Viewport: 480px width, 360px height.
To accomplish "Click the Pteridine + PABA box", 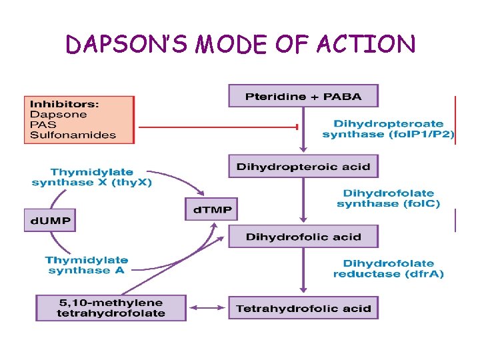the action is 303,96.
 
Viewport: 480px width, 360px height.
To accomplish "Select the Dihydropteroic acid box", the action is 303,166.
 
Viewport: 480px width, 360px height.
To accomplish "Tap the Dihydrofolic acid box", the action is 303,236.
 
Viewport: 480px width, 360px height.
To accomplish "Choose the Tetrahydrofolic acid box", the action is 303,307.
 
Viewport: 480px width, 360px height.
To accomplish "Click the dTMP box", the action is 211,209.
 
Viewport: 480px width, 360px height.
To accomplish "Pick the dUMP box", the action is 50,220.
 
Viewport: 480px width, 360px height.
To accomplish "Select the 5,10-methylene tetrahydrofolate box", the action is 111,308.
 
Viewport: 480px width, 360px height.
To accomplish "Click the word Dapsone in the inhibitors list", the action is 59,115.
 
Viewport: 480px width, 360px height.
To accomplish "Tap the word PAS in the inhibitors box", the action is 43,125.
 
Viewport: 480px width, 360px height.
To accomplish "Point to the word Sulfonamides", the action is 73,135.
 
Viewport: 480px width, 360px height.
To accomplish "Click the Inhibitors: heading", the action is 64,104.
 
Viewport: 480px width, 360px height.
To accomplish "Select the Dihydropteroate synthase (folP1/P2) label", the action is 388,129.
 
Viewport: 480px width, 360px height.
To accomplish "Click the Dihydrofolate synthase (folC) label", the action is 388,199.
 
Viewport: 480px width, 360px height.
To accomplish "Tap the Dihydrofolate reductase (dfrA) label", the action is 388,269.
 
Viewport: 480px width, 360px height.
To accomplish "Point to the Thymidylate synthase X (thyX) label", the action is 92,177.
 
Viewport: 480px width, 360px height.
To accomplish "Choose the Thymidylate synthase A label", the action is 86,265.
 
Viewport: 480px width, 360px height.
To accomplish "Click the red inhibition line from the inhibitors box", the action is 218,127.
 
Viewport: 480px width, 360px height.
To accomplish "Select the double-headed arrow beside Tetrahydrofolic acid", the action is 207,307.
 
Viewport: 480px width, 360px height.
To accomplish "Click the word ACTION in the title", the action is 366,44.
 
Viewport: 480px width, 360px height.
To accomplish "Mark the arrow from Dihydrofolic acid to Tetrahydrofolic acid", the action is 303,270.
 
